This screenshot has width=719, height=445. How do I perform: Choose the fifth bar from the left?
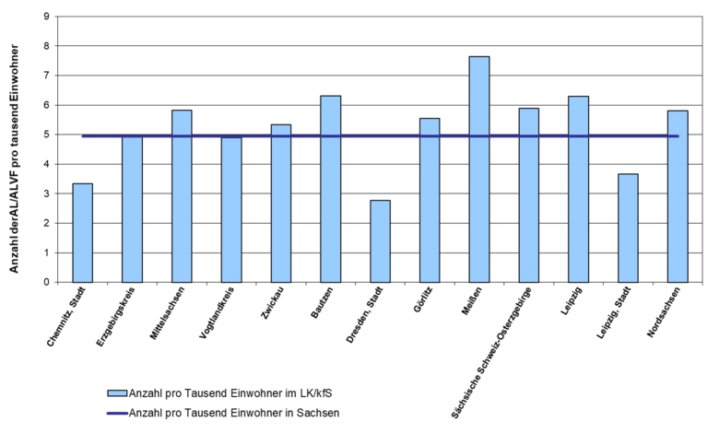coord(281,204)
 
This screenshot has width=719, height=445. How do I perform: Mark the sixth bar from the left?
coord(331,189)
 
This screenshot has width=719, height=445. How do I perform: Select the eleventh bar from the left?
coord(578,189)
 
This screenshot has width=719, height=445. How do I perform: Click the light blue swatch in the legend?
coord(117,393)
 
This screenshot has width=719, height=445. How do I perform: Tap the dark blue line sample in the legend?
coord(117,414)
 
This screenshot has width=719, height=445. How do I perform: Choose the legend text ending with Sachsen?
coord(234,414)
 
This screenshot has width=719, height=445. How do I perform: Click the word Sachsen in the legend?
coord(319,414)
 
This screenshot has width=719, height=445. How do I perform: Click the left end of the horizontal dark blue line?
coord(82,136)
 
